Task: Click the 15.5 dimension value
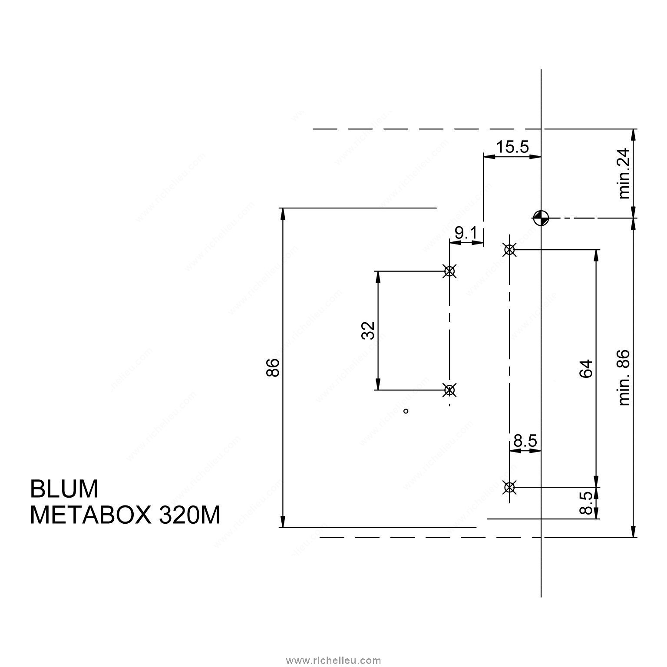coord(512,147)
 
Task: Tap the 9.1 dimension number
coord(466,234)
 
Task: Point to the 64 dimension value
coord(586,369)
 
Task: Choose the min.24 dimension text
coord(624,174)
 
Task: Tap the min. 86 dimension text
coord(624,378)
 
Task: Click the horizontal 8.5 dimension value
coord(525,442)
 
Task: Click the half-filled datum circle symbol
coord(541,218)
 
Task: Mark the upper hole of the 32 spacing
coord(449,271)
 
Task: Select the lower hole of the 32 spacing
coord(449,390)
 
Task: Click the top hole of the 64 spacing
coord(509,250)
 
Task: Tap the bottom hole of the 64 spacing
coord(509,487)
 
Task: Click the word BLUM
coord(64,489)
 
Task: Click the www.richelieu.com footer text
coord(333,660)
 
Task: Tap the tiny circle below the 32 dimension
coord(406,411)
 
